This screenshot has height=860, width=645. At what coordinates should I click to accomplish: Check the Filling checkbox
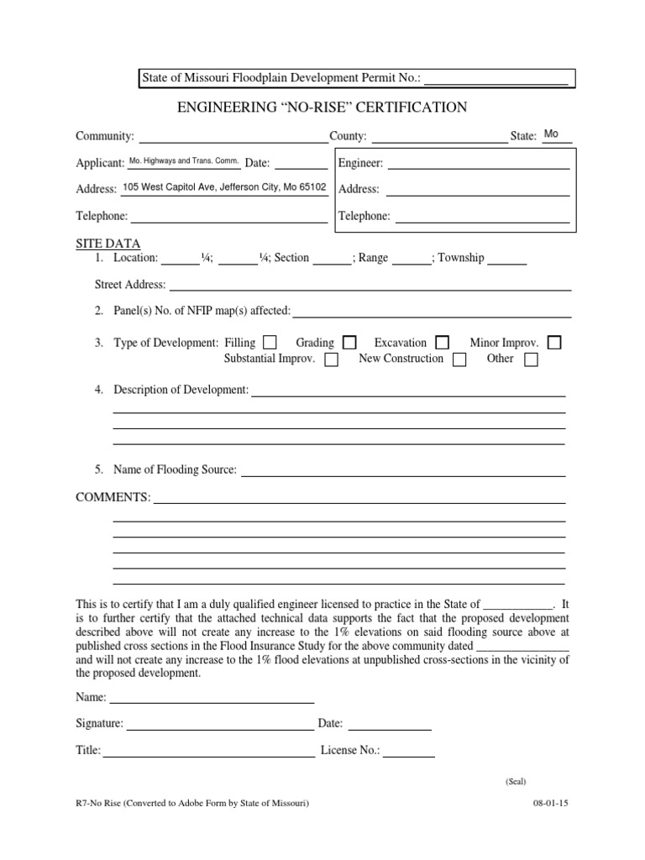click(x=270, y=343)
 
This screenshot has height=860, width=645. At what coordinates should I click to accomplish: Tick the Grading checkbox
click(x=349, y=343)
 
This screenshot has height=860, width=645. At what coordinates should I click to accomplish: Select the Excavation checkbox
click(x=442, y=343)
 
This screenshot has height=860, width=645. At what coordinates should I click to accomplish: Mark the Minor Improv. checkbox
click(x=554, y=343)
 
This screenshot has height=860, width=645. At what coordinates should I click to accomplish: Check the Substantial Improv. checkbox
click(x=331, y=359)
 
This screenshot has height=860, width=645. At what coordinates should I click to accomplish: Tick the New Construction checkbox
click(x=459, y=359)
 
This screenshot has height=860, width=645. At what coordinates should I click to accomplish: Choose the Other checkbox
click(x=531, y=359)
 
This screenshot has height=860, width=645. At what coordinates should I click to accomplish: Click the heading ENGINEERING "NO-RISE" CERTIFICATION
click(x=322, y=107)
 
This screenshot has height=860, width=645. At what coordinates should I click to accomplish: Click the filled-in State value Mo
click(x=552, y=134)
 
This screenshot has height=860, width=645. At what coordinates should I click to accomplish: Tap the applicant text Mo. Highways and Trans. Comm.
click(x=184, y=161)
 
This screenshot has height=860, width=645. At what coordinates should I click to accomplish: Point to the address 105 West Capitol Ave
click(x=224, y=188)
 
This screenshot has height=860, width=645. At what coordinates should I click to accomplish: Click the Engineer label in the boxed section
click(x=360, y=163)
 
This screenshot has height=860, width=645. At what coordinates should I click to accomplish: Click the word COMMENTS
click(x=113, y=497)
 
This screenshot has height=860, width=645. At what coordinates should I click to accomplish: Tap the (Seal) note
click(x=516, y=781)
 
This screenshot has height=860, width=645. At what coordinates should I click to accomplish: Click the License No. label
click(x=350, y=751)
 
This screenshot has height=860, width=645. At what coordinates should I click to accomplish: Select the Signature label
click(x=100, y=724)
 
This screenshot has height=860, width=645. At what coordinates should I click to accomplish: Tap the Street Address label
click(x=130, y=285)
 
